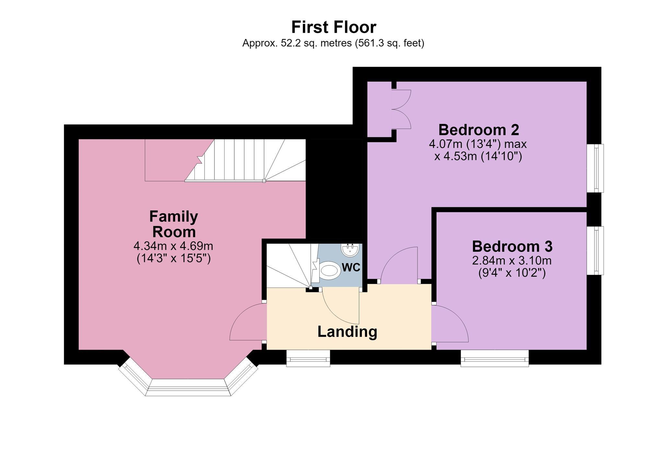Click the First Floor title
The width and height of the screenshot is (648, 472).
334,27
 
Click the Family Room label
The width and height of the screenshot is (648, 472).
174,224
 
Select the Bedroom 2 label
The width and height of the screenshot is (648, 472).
479,130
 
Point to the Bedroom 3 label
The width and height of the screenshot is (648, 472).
512,246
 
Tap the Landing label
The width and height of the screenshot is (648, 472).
347,332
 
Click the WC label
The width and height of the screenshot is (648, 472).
351,268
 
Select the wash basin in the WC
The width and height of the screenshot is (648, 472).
350,250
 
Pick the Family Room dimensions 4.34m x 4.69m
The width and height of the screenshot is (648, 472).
173,246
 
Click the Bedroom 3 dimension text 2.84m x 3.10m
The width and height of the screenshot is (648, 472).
512,260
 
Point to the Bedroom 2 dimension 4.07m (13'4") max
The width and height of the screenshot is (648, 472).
478,144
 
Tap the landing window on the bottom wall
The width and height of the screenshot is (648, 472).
308,358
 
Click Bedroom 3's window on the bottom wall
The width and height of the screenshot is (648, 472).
495,358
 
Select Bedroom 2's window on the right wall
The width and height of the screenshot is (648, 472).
596,168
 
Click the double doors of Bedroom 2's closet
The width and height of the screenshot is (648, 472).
401,109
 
